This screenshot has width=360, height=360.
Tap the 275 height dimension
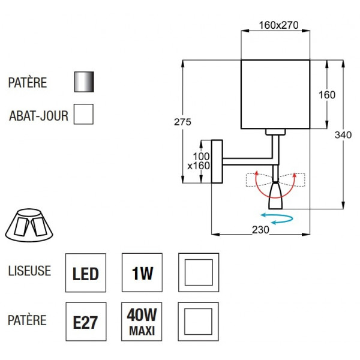click(183, 122)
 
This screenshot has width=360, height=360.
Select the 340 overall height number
click(342, 136)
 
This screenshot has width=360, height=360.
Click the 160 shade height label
click(326, 95)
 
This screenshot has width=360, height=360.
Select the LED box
click(85, 274)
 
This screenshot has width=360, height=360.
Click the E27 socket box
click(85, 322)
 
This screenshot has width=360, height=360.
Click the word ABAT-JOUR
click(38, 115)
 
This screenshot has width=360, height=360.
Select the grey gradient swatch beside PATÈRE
click(83, 82)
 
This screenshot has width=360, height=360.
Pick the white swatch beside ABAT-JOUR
click(83, 114)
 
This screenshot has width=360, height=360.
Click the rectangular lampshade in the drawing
click(274, 94)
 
